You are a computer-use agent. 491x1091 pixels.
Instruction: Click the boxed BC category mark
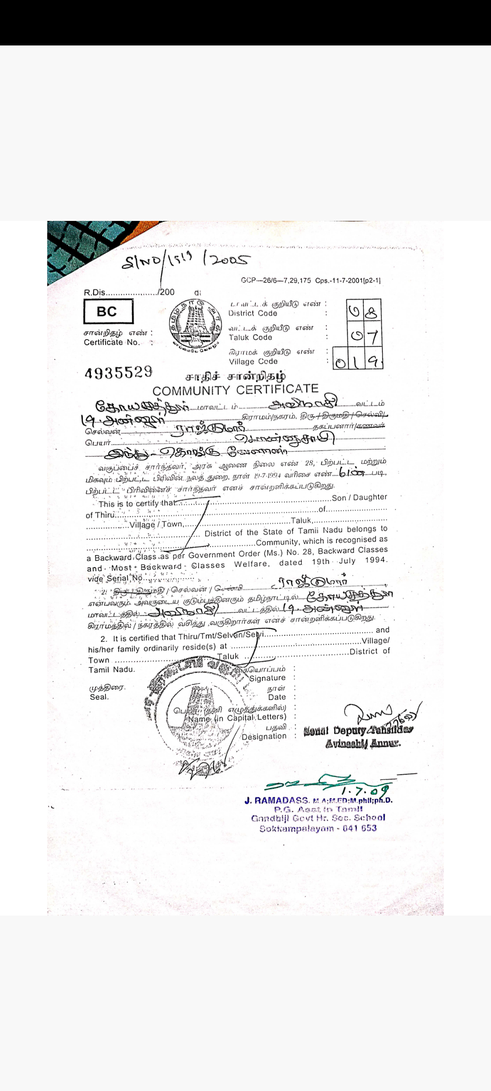click(x=108, y=312)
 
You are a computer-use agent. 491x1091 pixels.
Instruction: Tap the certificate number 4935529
click(x=119, y=373)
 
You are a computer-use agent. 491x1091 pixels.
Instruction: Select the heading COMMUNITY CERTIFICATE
click(x=235, y=390)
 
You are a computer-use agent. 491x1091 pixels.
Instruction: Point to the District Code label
click(x=253, y=313)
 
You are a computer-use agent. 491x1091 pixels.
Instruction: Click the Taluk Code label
click(x=251, y=337)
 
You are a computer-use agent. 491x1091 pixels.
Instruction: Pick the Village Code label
click(x=253, y=361)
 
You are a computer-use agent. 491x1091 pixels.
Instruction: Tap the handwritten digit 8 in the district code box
click(x=371, y=312)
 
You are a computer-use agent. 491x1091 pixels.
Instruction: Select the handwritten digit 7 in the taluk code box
click(x=372, y=337)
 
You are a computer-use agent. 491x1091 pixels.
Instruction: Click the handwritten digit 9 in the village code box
click(x=373, y=361)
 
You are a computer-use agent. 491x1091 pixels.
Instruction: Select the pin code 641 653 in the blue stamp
click(x=360, y=828)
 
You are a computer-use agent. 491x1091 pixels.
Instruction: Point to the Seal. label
click(x=99, y=697)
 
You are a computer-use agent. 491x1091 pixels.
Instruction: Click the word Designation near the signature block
click(x=264, y=736)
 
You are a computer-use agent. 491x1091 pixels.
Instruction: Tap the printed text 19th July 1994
click(x=349, y=561)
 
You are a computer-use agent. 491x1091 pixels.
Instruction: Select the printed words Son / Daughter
click(x=359, y=497)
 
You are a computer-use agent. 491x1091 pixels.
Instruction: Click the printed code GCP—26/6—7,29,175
click(x=276, y=280)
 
